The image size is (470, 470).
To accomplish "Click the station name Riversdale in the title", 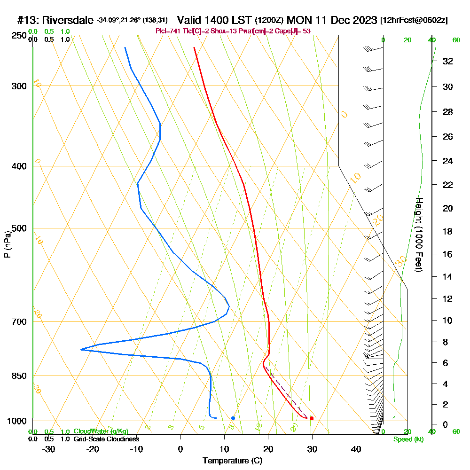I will (x=68, y=20).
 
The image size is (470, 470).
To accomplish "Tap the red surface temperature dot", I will (x=312, y=418).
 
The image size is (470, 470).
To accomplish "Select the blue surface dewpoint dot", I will (x=233, y=418).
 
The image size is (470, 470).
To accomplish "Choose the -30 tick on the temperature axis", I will (x=49, y=449).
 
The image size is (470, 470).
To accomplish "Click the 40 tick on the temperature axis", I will (x=356, y=449).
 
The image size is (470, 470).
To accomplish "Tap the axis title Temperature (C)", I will (x=232, y=461).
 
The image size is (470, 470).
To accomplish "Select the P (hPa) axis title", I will (x=7, y=244).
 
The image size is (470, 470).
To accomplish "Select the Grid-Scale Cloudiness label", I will (x=106, y=439).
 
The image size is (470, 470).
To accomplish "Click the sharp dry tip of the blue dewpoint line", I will (x=81, y=349).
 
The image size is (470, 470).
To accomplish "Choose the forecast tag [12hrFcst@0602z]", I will (x=414, y=20).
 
